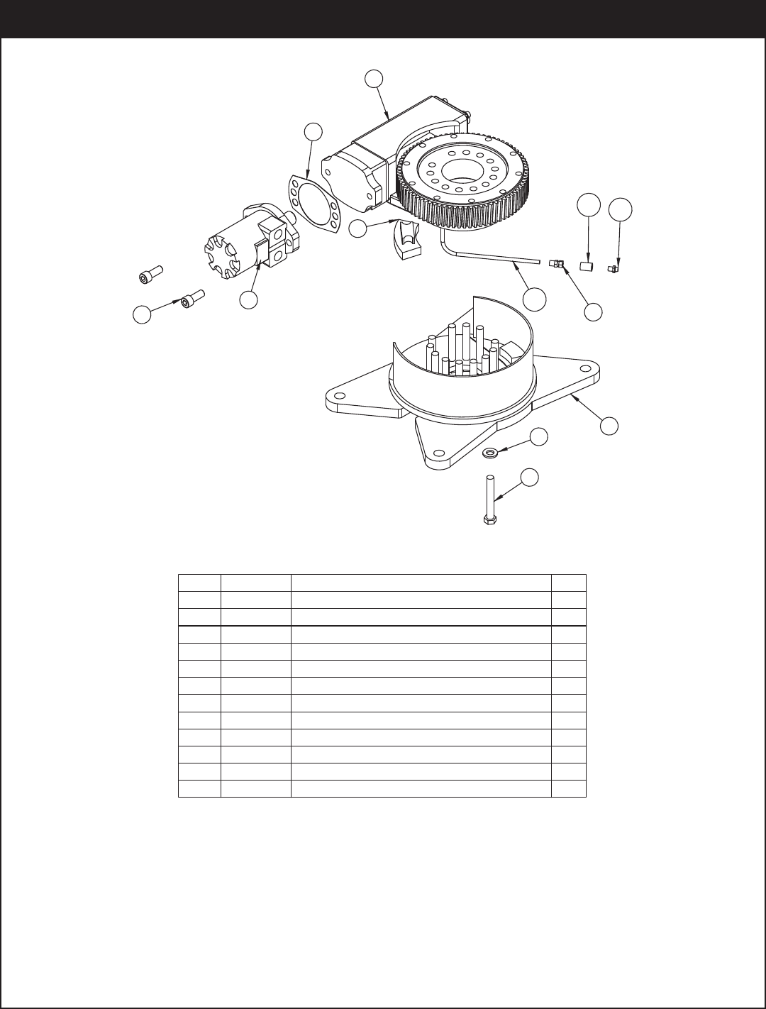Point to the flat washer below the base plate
[489, 452]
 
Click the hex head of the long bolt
[489, 521]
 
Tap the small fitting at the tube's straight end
[557, 265]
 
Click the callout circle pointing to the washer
[540, 438]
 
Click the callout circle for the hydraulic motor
[248, 300]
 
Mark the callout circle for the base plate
[609, 425]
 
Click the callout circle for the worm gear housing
[374, 79]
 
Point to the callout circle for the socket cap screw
[143, 314]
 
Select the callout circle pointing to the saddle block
[359, 228]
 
